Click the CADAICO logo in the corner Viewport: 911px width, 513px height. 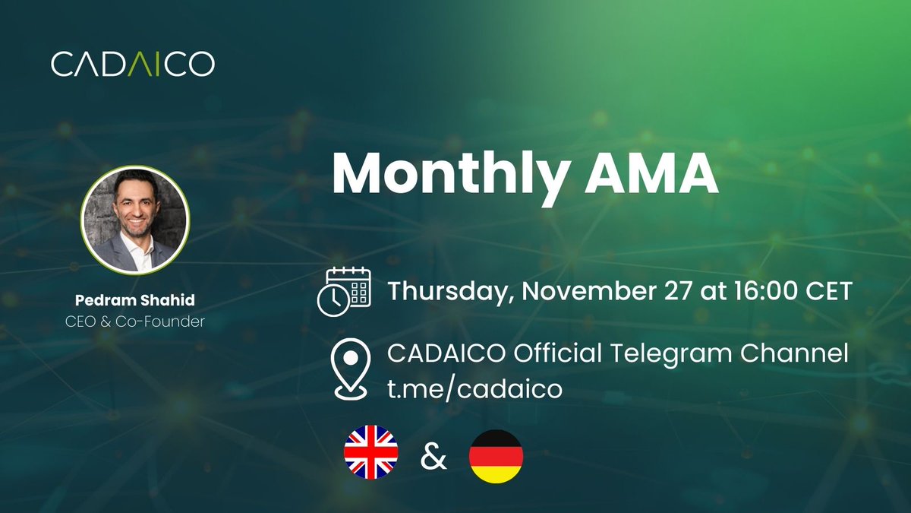pos(133,64)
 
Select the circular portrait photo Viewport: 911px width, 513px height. pos(134,219)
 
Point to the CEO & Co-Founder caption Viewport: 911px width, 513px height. pos(134,321)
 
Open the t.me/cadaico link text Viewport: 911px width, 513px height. pos(474,390)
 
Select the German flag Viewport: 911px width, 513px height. pos(496,456)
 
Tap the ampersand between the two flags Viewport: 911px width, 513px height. pos(433,458)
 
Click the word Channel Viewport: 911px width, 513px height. pos(805,353)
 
